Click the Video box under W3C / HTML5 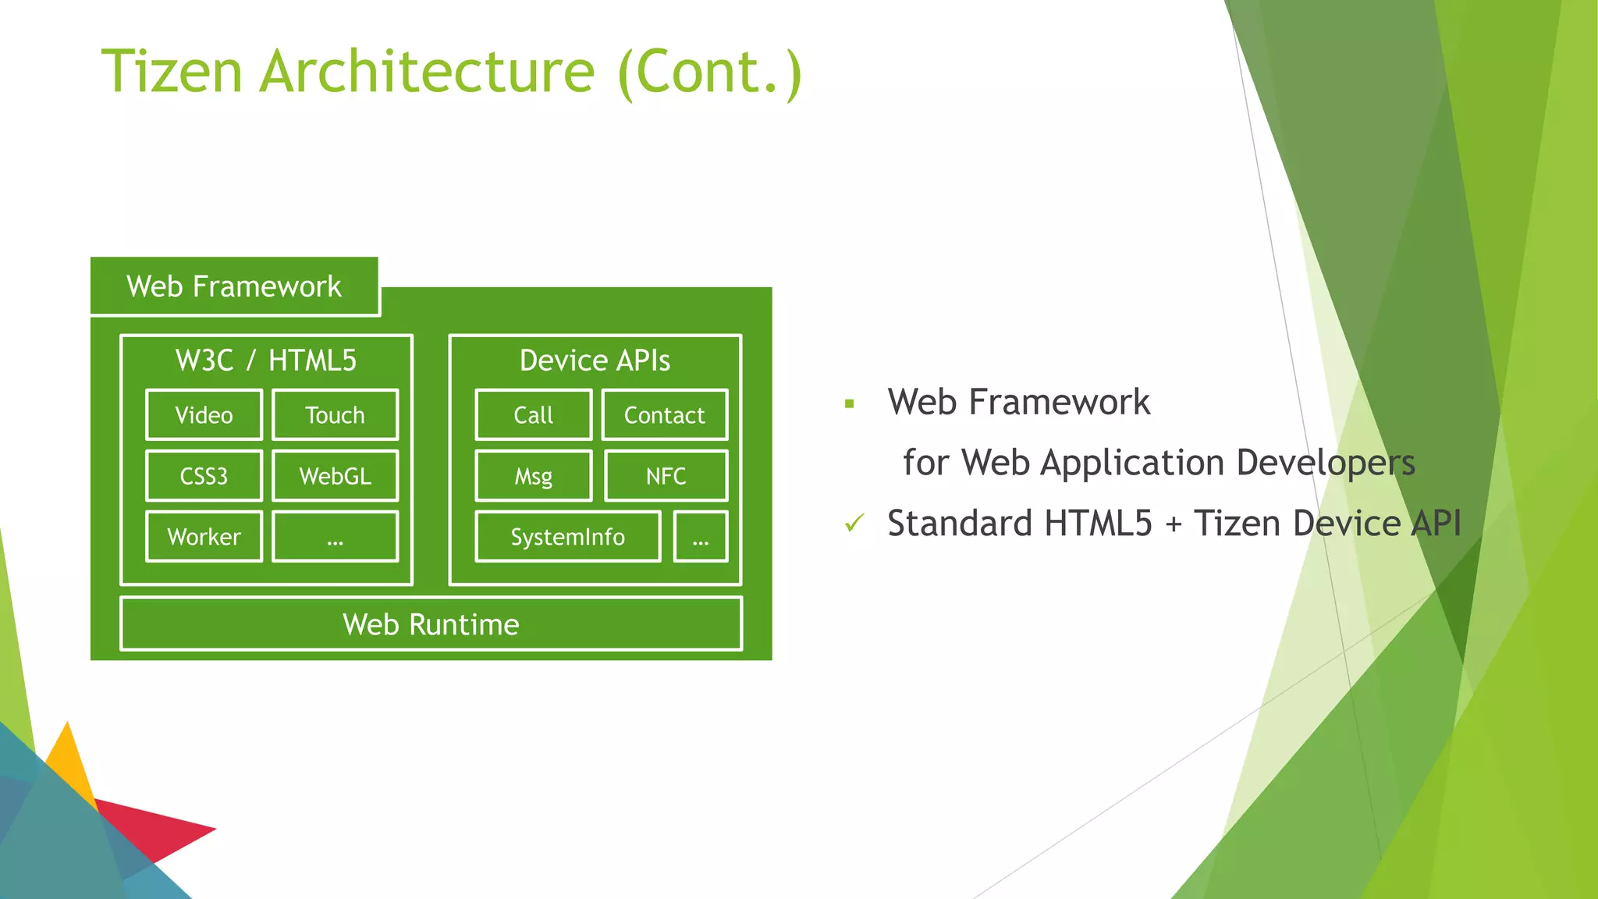coord(204,415)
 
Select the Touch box coord(335,415)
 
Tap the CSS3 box coord(204,476)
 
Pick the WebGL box coord(335,476)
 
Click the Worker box coord(204,537)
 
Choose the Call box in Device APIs coord(533,415)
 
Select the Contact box coord(664,415)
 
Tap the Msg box coord(533,476)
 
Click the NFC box coord(666,476)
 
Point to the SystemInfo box coord(567,537)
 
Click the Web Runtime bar coord(431,624)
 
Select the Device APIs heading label coord(595,361)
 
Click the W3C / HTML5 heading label coord(266,361)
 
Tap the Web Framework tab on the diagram coord(234,286)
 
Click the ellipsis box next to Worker coord(335,537)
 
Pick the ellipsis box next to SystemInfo coord(700,537)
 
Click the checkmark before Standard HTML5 coord(854,523)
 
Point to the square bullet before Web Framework coord(850,404)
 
